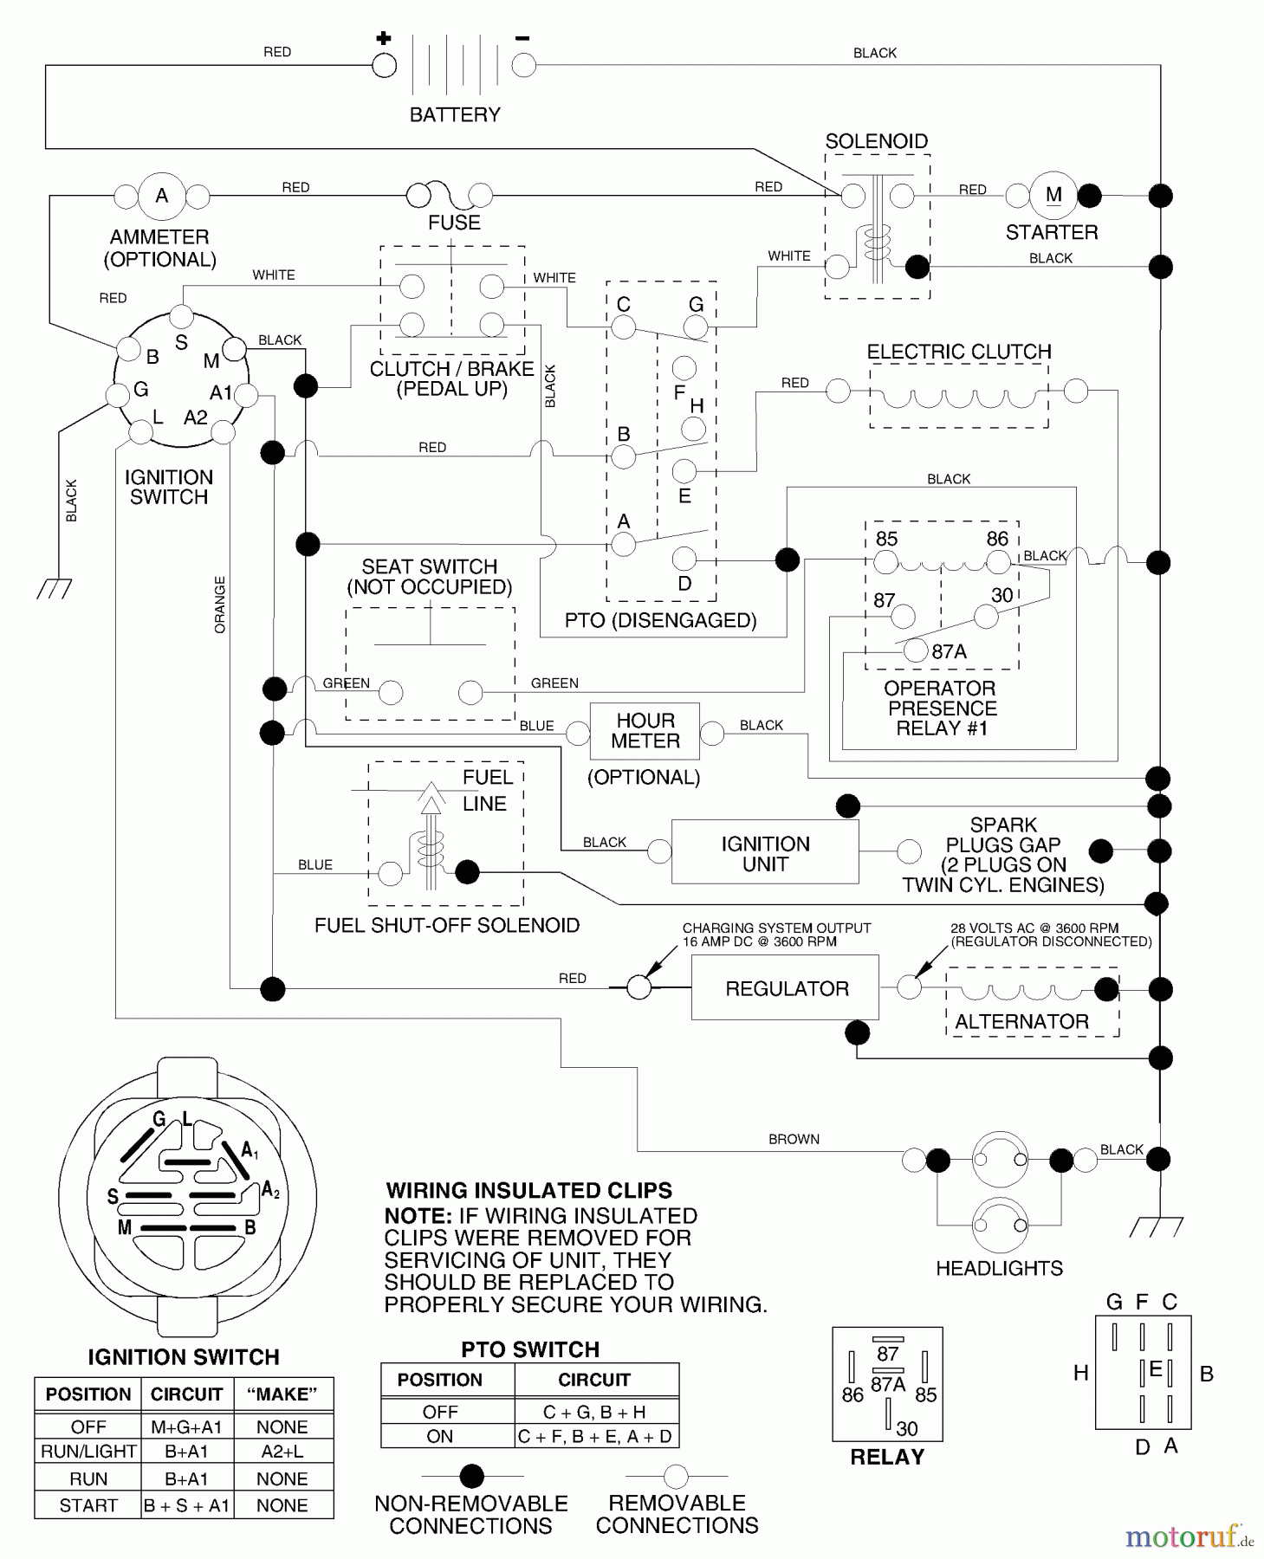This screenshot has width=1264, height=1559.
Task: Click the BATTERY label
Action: click(x=455, y=114)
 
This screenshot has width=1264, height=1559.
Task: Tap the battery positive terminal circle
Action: click(x=384, y=65)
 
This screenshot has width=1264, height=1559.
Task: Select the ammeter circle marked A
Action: click(x=162, y=196)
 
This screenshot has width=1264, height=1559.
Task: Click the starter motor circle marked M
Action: click(x=1053, y=195)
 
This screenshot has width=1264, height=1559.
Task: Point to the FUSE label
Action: click(x=454, y=223)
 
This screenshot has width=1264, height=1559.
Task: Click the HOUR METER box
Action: click(x=645, y=731)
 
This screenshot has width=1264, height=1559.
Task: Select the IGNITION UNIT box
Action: click(x=765, y=853)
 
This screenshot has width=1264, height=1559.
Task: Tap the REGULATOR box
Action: click(x=785, y=988)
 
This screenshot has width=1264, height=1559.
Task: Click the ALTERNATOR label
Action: click(x=1021, y=1022)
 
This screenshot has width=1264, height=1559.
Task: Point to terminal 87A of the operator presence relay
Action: click(x=916, y=650)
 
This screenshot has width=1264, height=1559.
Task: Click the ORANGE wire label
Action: click(x=220, y=605)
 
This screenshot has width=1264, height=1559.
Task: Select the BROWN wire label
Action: click(x=794, y=1139)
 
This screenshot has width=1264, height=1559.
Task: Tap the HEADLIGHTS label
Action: click(x=999, y=1268)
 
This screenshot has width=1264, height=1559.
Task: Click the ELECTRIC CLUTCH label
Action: click(x=959, y=352)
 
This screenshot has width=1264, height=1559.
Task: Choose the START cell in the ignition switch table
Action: click(x=88, y=1505)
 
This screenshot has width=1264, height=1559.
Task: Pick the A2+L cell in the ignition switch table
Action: click(x=282, y=1452)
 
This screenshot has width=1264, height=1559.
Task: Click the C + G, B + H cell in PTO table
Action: click(x=594, y=1412)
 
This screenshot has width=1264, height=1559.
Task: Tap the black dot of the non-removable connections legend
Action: click(x=471, y=1476)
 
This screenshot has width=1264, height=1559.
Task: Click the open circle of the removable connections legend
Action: click(x=676, y=1476)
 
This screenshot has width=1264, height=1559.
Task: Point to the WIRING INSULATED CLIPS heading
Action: click(x=528, y=1191)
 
